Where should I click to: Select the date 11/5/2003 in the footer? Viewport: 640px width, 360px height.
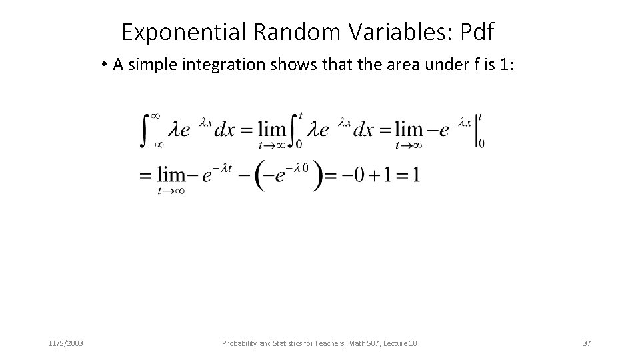coord(65,343)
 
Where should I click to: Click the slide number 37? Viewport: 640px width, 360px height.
coord(587,343)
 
